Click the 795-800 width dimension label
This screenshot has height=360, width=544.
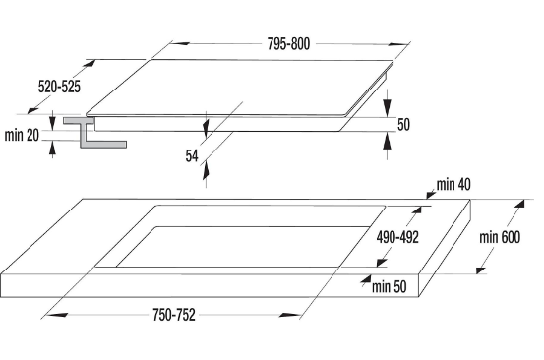coord(288,44)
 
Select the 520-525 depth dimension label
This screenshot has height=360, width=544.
coord(59,87)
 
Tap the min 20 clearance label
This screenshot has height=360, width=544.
coord(22,135)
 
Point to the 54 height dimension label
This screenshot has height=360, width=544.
coord(192,156)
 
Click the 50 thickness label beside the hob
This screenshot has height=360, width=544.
coord(403,125)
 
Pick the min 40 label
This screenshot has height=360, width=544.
coord(453,185)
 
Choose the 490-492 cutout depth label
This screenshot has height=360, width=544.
coord(397,238)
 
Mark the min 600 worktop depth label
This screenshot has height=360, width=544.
coord(500,238)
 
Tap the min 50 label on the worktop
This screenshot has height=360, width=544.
coord(390,287)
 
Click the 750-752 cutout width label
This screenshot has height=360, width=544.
coord(174,315)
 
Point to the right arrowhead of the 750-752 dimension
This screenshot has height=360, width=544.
coord(290,315)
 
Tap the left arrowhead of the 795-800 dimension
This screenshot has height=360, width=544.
coord(179,43)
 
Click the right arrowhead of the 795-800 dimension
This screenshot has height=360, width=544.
coord(398,44)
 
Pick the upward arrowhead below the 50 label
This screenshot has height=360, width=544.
coord(388,142)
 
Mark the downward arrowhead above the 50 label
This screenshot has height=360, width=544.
coord(388,107)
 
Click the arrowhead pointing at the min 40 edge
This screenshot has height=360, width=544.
coord(431,194)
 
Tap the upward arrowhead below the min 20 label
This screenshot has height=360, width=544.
coord(52,148)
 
